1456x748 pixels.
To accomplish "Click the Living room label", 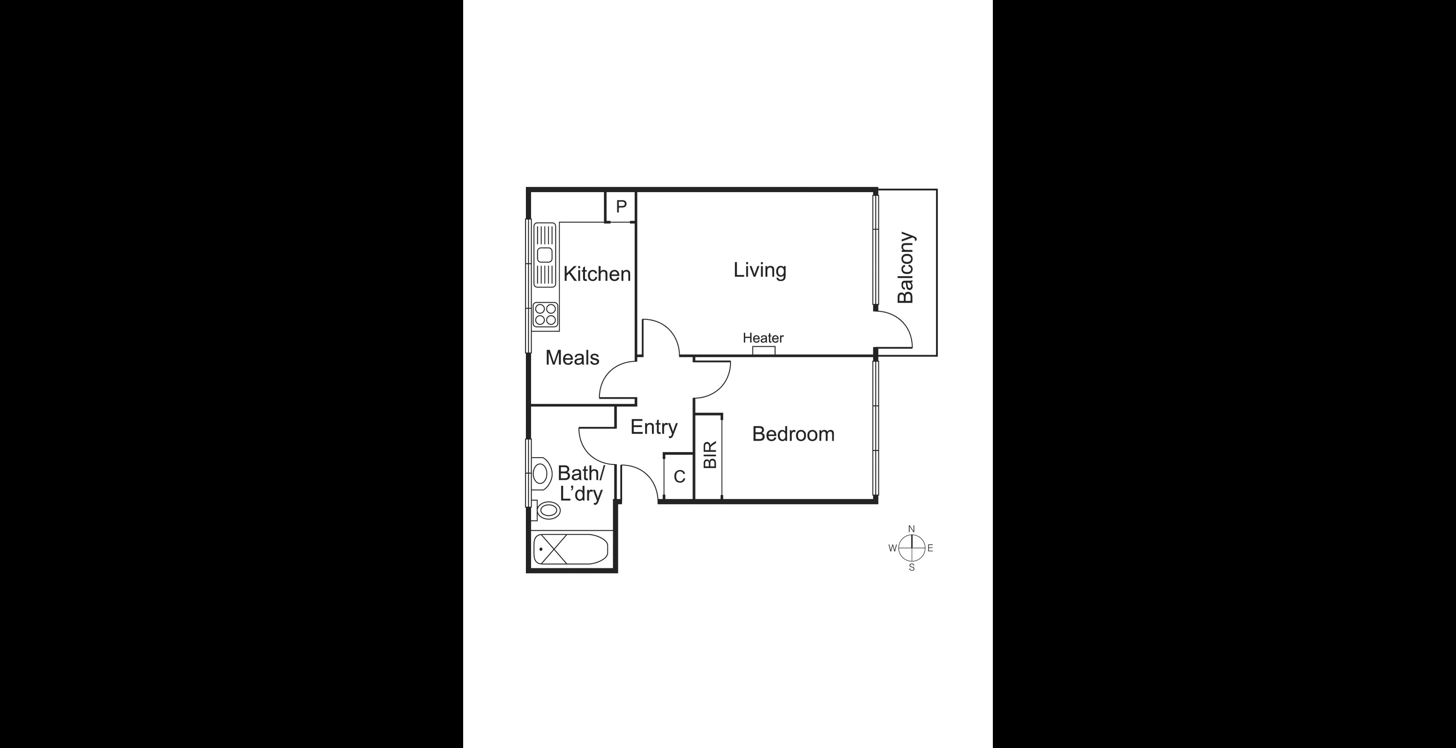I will [760, 270].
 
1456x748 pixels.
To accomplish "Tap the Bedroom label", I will [793, 434].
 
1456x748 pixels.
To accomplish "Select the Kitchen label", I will [597, 274].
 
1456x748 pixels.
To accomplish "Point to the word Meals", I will [572, 358].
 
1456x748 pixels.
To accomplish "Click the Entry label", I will [653, 427].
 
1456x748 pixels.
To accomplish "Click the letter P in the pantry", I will [621, 207].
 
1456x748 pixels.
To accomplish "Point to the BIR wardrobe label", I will [710, 455].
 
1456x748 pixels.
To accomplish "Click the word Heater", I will [763, 338].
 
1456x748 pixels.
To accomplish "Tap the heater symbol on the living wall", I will [764, 351].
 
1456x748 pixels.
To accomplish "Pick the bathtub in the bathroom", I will [571, 549].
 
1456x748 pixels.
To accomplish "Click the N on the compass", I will [911, 529].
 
